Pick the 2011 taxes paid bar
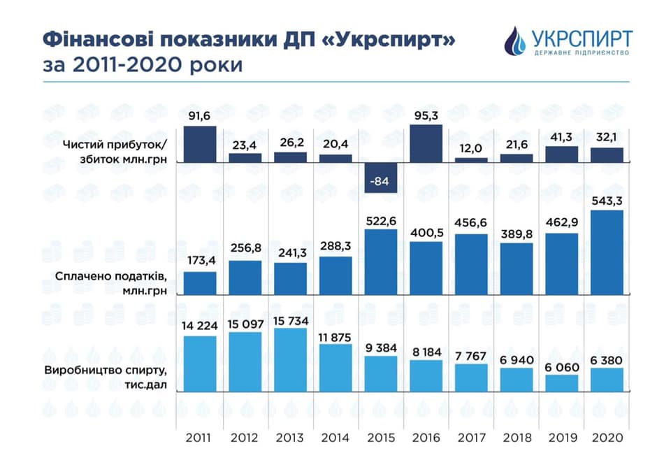point(200,283)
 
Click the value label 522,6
point(381,221)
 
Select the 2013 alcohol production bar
point(290,359)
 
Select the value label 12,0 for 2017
point(472,150)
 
